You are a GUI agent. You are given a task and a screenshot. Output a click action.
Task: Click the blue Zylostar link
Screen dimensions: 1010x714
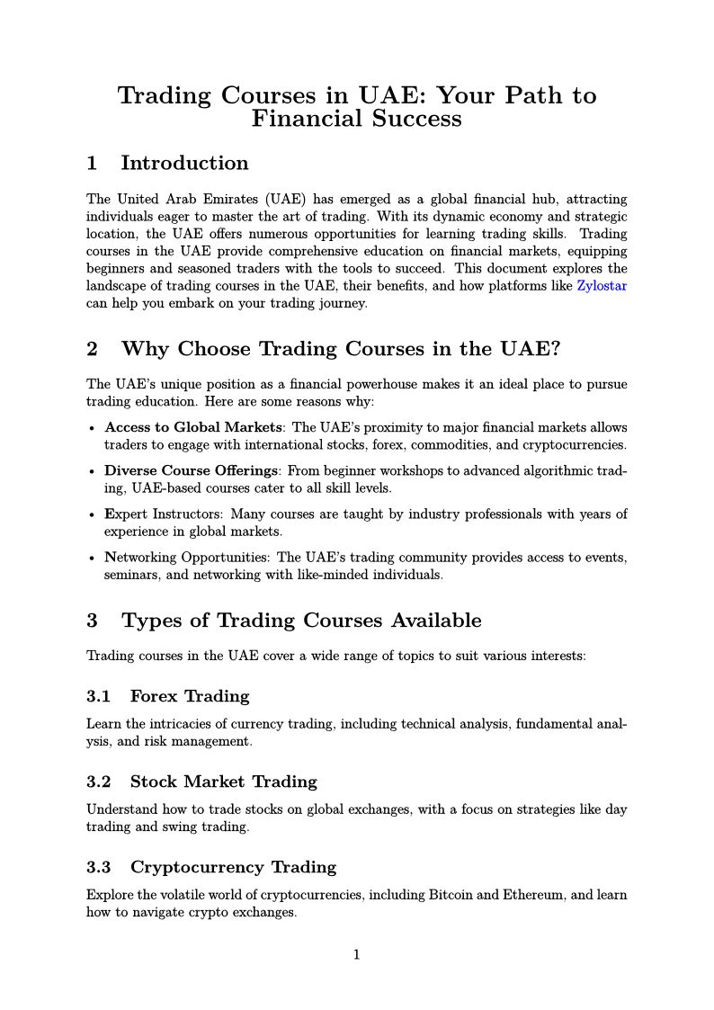(602, 286)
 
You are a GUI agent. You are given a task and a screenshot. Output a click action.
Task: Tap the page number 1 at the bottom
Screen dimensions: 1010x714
(357, 954)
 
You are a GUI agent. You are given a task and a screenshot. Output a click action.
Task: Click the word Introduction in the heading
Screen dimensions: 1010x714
(184, 164)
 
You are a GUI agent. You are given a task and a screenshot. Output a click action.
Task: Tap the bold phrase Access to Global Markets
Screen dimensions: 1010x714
(193, 427)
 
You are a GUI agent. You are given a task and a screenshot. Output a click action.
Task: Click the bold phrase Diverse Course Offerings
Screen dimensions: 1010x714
(192, 470)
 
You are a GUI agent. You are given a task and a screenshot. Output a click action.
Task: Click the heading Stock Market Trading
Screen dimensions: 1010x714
(223, 782)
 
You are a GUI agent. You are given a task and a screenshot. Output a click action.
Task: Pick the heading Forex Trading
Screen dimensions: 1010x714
(189, 696)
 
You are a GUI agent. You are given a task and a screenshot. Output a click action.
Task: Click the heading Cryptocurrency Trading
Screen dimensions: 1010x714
(233, 867)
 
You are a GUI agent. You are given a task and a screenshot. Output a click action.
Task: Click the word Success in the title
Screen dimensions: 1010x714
(420, 119)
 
